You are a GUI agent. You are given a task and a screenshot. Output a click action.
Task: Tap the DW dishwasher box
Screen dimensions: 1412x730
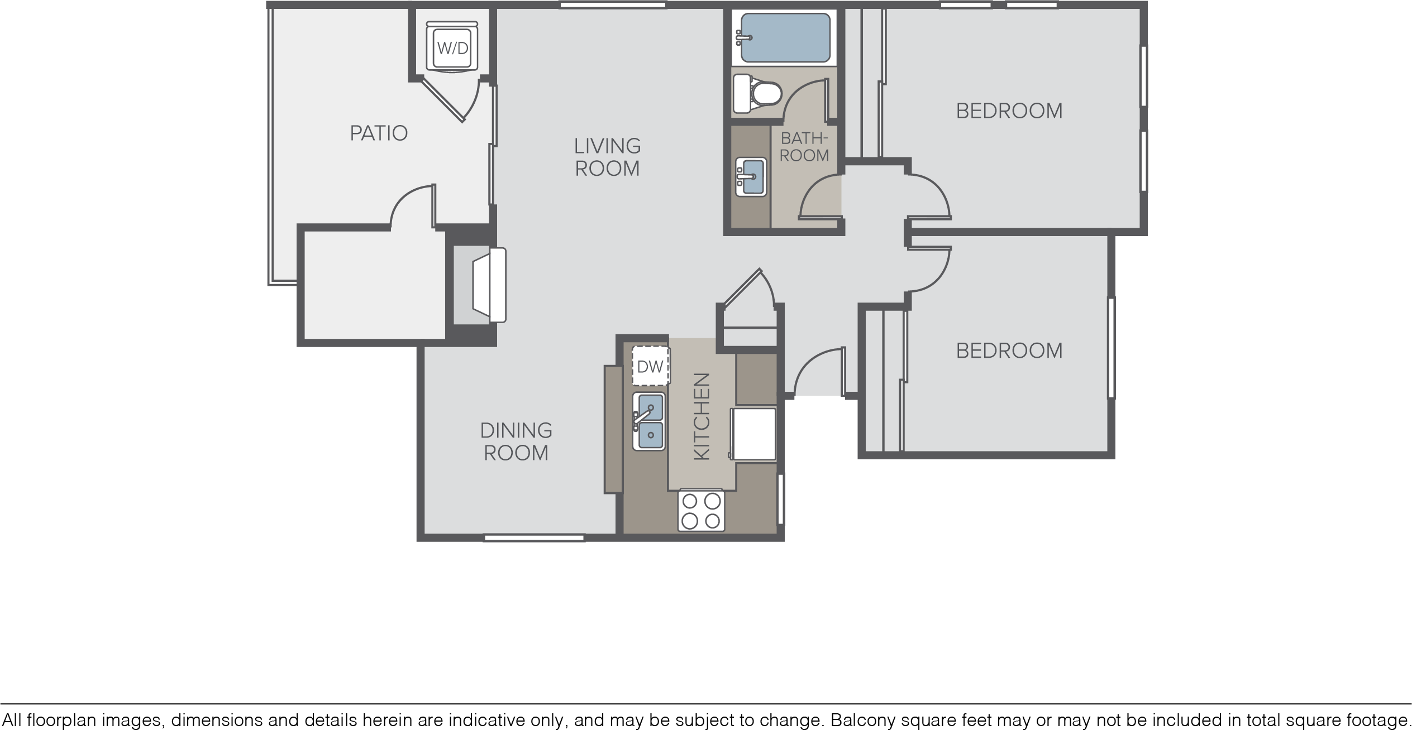point(651,366)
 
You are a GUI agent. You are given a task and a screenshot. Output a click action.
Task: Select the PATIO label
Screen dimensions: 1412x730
point(379,133)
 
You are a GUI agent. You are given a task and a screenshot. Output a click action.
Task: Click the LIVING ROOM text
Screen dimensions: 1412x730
point(607,157)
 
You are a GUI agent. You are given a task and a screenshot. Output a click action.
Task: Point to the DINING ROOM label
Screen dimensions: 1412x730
point(516,441)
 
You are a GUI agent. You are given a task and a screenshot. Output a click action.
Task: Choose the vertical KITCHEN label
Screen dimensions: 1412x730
point(702,416)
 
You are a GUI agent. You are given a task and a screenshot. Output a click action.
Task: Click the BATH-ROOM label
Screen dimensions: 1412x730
point(804,147)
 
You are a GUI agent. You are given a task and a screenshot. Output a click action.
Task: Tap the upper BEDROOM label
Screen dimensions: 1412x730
point(1009,111)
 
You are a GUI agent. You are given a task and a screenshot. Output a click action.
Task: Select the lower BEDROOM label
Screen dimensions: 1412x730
point(1009,350)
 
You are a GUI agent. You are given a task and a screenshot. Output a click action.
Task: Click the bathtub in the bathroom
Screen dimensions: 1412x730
point(784,37)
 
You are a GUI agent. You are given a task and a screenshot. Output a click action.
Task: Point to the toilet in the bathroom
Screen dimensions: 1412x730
point(756,94)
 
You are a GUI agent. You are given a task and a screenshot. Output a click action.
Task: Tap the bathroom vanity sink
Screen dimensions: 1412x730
point(751,177)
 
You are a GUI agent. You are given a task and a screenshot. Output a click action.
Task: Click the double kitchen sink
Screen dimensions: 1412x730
point(649,421)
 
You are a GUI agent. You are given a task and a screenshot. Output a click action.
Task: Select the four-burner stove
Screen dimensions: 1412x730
point(701,511)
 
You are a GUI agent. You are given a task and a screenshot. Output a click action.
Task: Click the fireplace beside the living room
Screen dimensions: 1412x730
point(480,285)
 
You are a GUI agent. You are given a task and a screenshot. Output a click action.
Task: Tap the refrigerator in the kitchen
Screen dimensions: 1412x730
point(753,434)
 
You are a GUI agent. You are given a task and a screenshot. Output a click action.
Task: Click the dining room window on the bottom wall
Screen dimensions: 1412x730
point(534,538)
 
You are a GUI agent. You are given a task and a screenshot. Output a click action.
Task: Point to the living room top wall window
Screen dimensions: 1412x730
point(613,5)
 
